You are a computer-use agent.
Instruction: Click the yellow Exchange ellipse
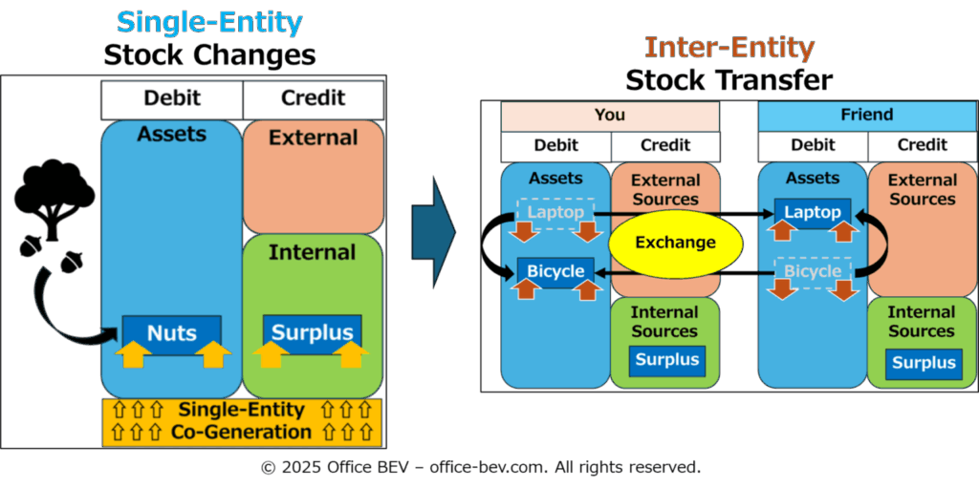click(676, 243)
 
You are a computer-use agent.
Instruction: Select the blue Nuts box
click(172, 333)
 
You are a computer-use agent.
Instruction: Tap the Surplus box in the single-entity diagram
click(312, 333)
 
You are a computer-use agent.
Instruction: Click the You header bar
click(610, 116)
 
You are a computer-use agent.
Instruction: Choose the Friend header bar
click(867, 116)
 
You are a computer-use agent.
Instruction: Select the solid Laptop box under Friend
click(813, 212)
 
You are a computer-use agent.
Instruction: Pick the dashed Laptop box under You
click(555, 212)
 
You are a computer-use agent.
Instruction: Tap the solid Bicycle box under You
click(555, 271)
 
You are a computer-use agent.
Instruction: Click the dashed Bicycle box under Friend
click(813, 271)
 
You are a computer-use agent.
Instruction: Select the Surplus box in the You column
click(666, 361)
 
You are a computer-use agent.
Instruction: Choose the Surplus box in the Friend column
click(923, 362)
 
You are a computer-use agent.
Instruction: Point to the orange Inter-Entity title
click(729, 47)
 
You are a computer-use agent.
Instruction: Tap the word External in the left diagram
click(313, 138)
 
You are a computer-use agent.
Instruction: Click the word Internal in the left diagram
click(312, 252)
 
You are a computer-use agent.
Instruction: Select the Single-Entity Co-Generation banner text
click(241, 421)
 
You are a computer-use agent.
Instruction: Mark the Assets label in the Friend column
click(813, 179)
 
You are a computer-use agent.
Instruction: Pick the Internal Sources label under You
click(664, 322)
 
